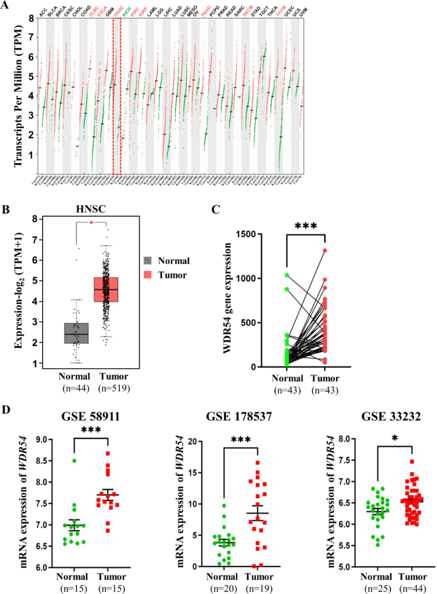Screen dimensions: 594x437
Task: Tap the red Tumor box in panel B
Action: [x=107, y=298]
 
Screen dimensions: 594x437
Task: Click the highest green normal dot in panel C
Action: [x=287, y=275]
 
